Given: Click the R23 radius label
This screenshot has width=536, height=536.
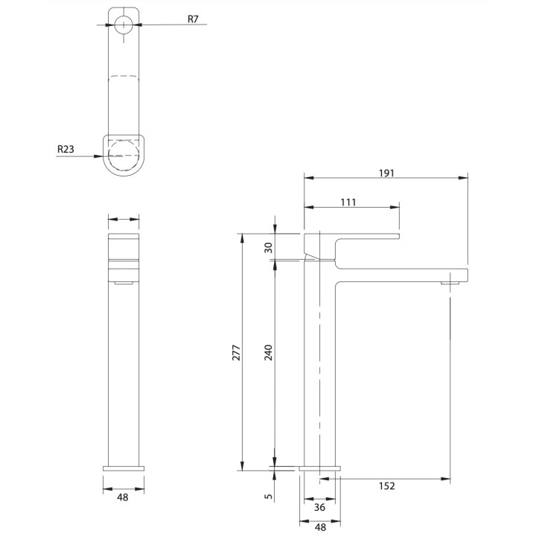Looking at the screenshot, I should tap(66, 149).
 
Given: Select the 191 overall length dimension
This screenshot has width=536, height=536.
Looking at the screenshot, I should tap(386, 172).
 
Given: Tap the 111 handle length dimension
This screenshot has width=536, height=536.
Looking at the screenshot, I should tap(348, 202).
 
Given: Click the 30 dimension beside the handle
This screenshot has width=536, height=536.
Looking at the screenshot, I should tap(269, 248).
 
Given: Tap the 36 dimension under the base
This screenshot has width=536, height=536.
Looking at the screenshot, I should tap(319, 508).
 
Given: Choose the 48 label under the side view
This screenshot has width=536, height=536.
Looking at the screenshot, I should tap(319, 526).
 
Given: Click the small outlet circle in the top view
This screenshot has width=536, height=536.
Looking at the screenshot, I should tap(124, 24).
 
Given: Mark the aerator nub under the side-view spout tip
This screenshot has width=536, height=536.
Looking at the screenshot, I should tap(450, 284).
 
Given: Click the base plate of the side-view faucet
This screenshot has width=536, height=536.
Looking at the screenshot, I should tap(319, 468).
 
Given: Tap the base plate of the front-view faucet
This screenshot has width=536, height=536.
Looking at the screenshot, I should tap(124, 467).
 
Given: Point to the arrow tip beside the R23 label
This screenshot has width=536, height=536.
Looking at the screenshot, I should tap(100, 156).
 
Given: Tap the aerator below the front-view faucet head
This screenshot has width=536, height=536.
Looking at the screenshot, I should tap(124, 283).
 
